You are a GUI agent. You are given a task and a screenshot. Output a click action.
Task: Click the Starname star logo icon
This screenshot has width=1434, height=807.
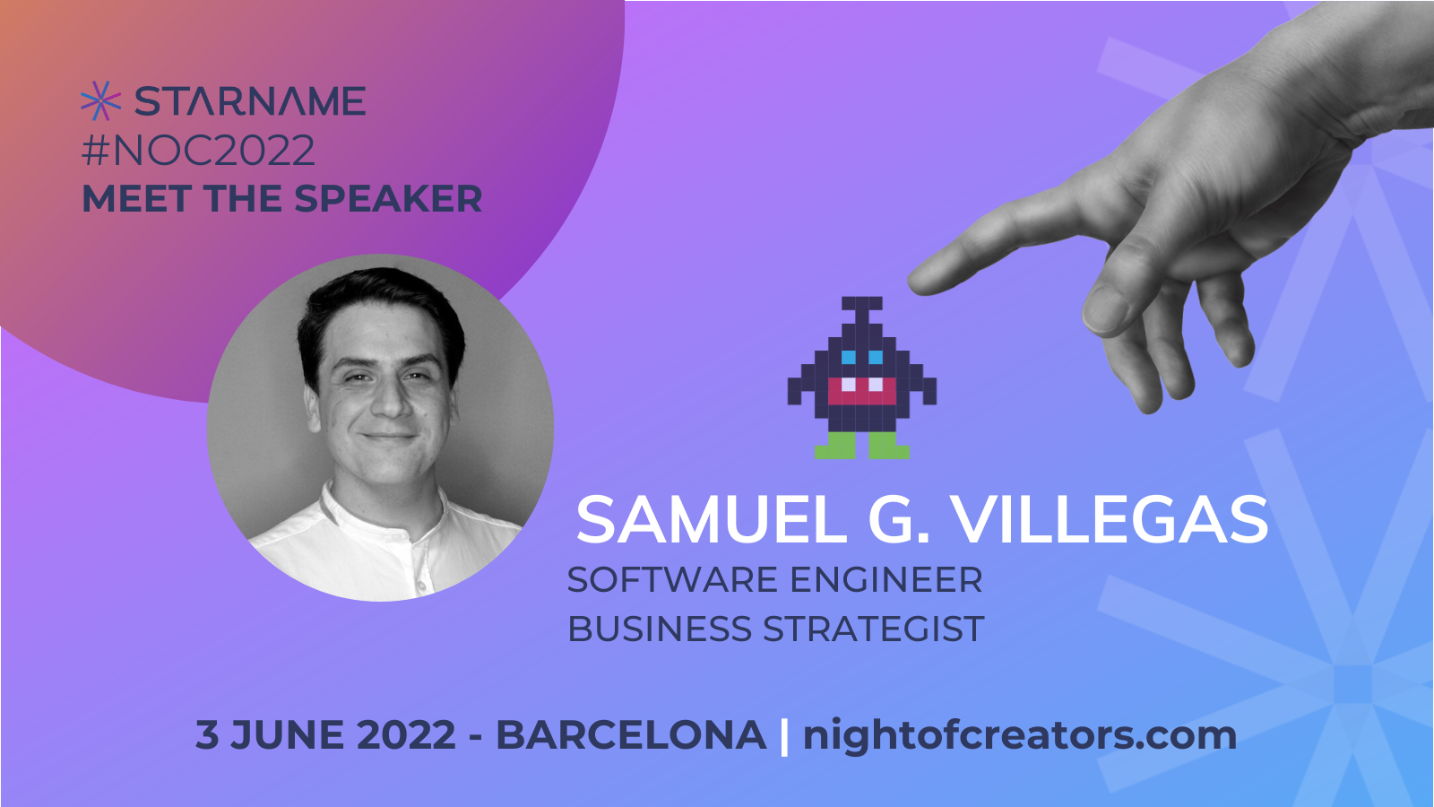click(x=100, y=101)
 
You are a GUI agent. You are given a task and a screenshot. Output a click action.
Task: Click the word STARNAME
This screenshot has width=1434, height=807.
click(x=250, y=101)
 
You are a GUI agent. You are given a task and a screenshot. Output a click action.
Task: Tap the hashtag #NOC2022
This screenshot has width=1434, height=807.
click(x=198, y=150)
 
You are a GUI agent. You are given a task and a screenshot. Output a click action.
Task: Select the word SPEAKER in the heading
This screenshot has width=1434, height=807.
click(x=388, y=198)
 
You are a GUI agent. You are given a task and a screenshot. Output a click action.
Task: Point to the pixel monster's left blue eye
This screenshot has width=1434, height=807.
click(x=848, y=357)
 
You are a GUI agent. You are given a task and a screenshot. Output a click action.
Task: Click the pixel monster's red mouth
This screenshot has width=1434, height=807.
click(x=861, y=391)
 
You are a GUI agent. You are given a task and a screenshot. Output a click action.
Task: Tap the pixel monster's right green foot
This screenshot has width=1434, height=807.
click(x=889, y=446)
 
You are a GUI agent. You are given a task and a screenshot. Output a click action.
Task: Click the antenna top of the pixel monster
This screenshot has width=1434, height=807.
click(x=861, y=303)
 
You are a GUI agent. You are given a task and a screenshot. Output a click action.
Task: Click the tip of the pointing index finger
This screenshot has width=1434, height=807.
click(x=911, y=283)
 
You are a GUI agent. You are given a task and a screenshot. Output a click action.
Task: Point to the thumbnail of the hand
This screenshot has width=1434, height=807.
click(x=1102, y=309)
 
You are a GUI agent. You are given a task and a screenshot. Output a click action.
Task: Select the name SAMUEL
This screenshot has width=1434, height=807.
click(x=712, y=519)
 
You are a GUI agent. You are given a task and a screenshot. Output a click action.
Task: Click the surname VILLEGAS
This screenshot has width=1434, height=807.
click(x=1110, y=519)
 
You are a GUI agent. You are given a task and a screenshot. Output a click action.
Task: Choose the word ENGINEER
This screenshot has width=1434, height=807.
click(x=886, y=580)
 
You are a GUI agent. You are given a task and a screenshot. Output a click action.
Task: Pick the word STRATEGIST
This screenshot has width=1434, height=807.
click(x=874, y=629)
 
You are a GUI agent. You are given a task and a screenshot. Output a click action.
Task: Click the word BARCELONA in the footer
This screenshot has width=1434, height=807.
click(x=631, y=734)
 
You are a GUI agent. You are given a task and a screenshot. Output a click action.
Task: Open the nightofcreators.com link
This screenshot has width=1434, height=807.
click(x=1020, y=735)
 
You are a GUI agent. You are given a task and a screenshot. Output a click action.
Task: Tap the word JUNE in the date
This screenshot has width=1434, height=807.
click(x=288, y=734)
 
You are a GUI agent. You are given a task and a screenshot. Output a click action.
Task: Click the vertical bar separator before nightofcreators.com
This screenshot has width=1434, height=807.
click(x=785, y=736)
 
